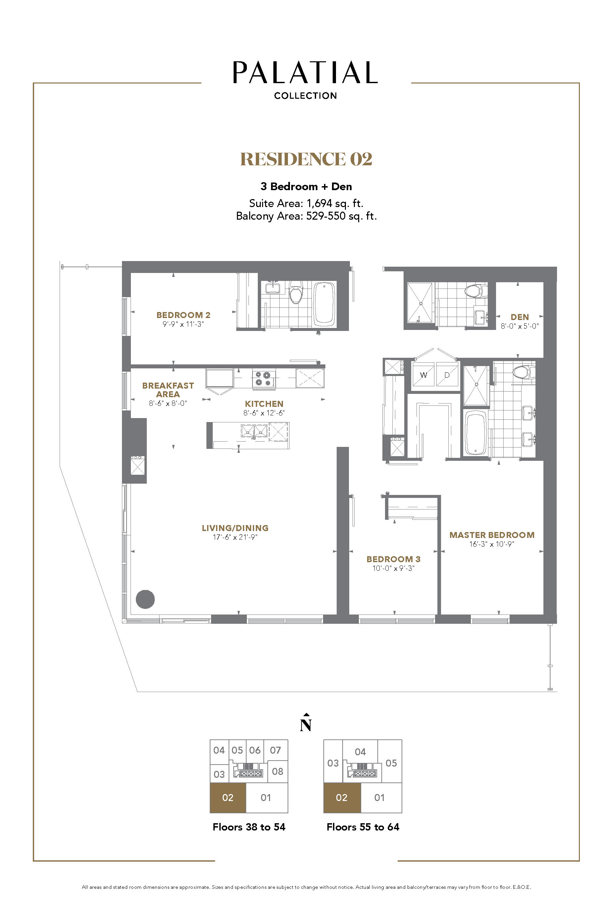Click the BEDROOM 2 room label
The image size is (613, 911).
click(183, 315)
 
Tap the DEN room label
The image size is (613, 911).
click(520, 317)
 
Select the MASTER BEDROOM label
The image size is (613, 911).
click(492, 535)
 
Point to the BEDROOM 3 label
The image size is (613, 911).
click(393, 559)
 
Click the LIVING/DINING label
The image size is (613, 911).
click(235, 528)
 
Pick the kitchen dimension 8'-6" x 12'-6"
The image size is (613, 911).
click(264, 413)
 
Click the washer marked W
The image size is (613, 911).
click(423, 375)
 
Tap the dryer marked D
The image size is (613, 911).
click(447, 375)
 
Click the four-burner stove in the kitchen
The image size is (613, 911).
click(263, 379)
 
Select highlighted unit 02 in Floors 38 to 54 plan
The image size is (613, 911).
click(228, 798)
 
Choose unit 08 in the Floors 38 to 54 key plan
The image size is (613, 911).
click(278, 771)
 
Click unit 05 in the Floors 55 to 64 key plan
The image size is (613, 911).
click(391, 763)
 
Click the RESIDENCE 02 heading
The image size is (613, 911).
click(306, 159)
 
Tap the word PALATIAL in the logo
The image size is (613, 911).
click(305, 72)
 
